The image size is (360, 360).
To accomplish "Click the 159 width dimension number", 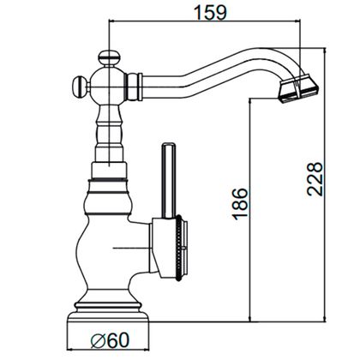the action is (x=210, y=13).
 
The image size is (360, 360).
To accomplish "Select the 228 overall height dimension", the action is (x=315, y=179).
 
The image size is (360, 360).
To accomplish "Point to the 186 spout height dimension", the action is (x=240, y=204).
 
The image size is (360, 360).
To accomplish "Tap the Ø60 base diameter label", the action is (x=110, y=340).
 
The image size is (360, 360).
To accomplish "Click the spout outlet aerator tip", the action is (x=298, y=88).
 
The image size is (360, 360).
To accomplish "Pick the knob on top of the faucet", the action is (x=109, y=58).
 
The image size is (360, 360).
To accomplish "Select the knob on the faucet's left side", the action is (x=80, y=86).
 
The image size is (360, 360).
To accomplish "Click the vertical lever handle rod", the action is (x=169, y=181).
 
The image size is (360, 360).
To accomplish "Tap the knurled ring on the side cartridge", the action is (x=179, y=248).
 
